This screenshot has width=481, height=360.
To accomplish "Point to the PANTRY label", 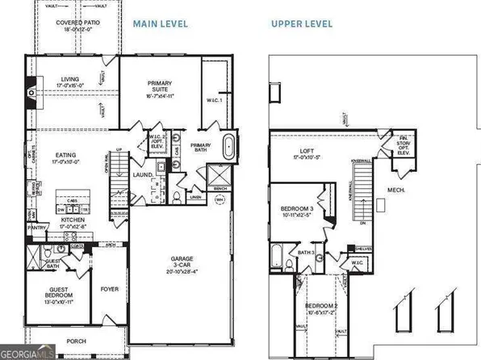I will click(36, 228).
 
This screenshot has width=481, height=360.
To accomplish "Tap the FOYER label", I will click(109, 287).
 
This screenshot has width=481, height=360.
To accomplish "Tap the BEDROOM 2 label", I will click(326, 308).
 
